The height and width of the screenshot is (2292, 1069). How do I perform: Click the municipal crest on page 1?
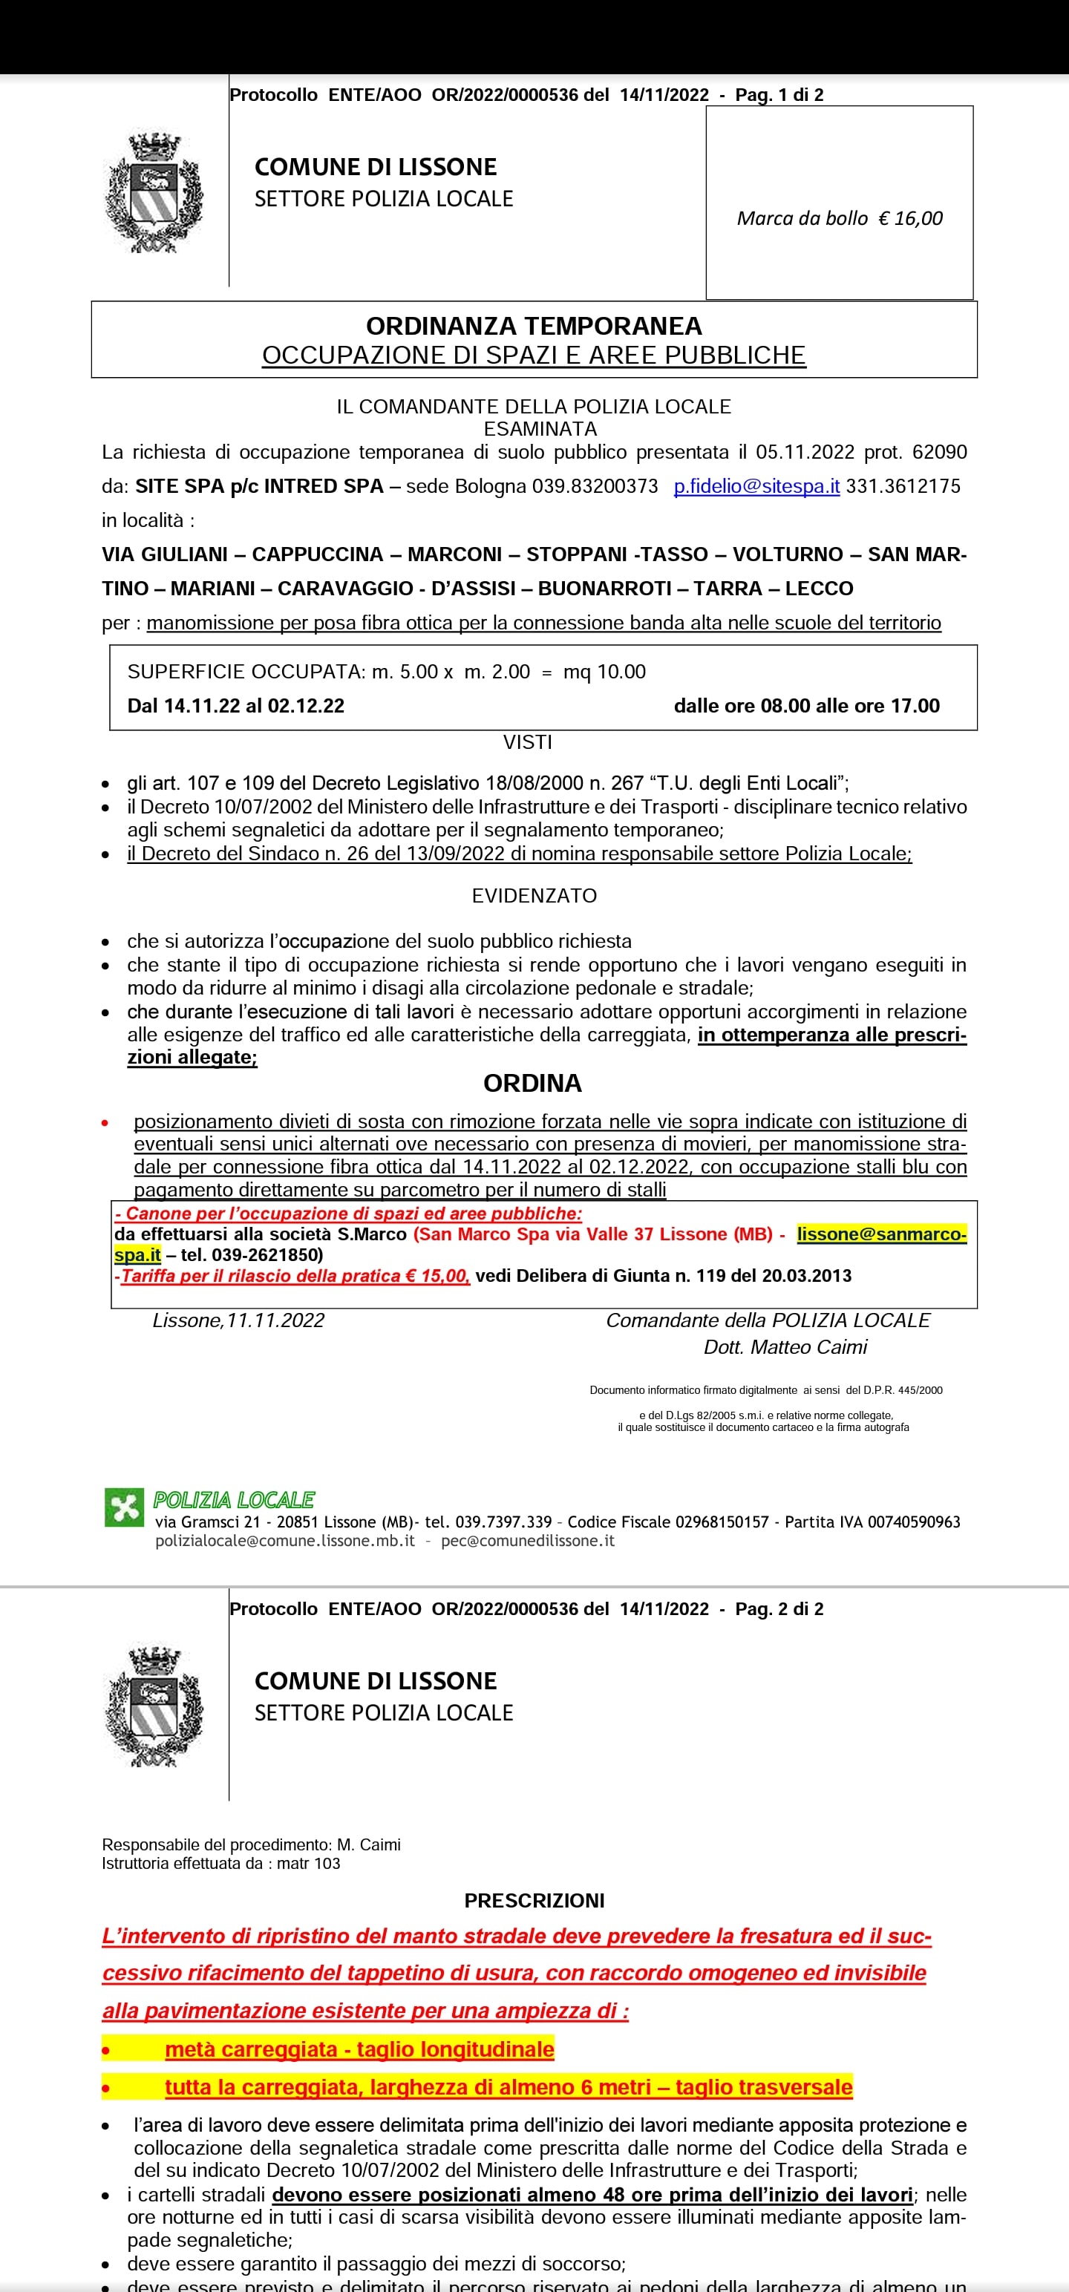point(154,193)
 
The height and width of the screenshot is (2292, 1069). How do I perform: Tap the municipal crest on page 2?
point(154,1706)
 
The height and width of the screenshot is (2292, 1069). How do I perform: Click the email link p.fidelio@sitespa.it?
point(756,487)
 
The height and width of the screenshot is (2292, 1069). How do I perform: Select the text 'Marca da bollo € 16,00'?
point(840,219)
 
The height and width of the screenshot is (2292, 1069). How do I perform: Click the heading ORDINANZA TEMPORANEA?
point(534,326)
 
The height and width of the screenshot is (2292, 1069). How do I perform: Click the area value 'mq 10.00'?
point(604,672)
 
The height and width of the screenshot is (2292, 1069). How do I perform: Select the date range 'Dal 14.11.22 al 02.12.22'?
point(236,707)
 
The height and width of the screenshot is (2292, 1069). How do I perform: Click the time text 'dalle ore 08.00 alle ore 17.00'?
point(806,707)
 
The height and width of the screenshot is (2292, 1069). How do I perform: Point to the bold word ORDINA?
point(532,1083)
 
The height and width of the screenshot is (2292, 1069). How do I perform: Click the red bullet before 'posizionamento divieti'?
point(105,1123)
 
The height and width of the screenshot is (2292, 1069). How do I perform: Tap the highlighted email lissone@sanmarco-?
point(881,1234)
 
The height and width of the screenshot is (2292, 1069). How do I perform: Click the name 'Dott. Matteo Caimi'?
point(785,1347)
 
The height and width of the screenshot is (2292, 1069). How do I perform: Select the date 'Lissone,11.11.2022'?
point(238,1320)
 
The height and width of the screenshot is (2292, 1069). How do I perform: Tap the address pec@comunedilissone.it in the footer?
point(528,1541)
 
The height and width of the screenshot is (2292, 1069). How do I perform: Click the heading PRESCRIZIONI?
point(534,1901)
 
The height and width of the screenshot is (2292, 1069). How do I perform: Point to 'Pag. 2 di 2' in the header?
point(779,1608)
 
